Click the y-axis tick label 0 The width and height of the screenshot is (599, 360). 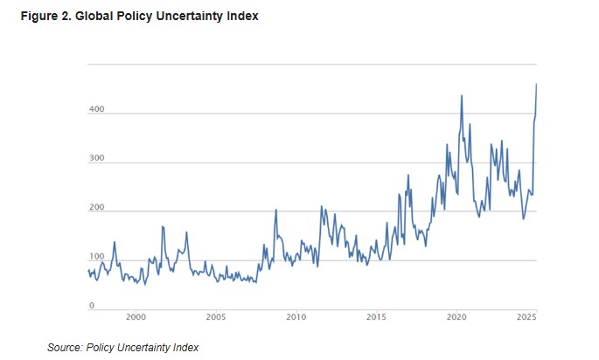pyautogui.click(x=91, y=307)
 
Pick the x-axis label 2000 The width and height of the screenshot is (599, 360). pyautogui.click(x=136, y=316)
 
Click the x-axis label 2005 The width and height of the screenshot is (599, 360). pyautogui.click(x=216, y=316)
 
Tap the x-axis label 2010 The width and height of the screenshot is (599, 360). pyautogui.click(x=296, y=316)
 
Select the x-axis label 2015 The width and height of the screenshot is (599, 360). pyautogui.click(x=376, y=316)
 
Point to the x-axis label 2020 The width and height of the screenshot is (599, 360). pyautogui.click(x=456, y=316)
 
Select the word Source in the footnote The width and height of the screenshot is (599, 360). pyautogui.click(x=66, y=348)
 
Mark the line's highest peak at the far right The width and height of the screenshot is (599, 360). pyautogui.click(x=536, y=84)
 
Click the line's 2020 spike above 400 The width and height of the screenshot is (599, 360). pyautogui.click(x=461, y=94)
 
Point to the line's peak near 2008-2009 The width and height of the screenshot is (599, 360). pyautogui.click(x=276, y=210)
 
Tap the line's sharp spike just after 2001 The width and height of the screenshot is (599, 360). pyautogui.click(x=163, y=226)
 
